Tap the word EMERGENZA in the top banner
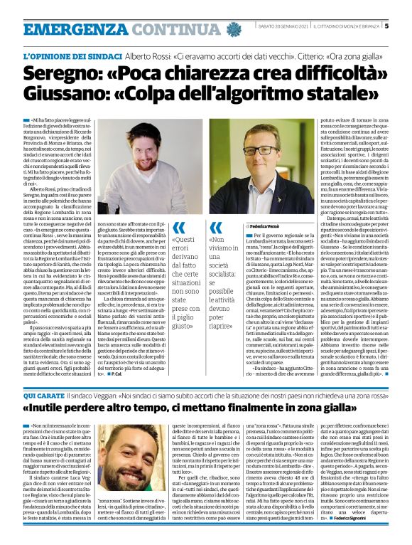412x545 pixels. [x=67, y=29]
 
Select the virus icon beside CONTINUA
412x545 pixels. [x=234, y=29]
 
